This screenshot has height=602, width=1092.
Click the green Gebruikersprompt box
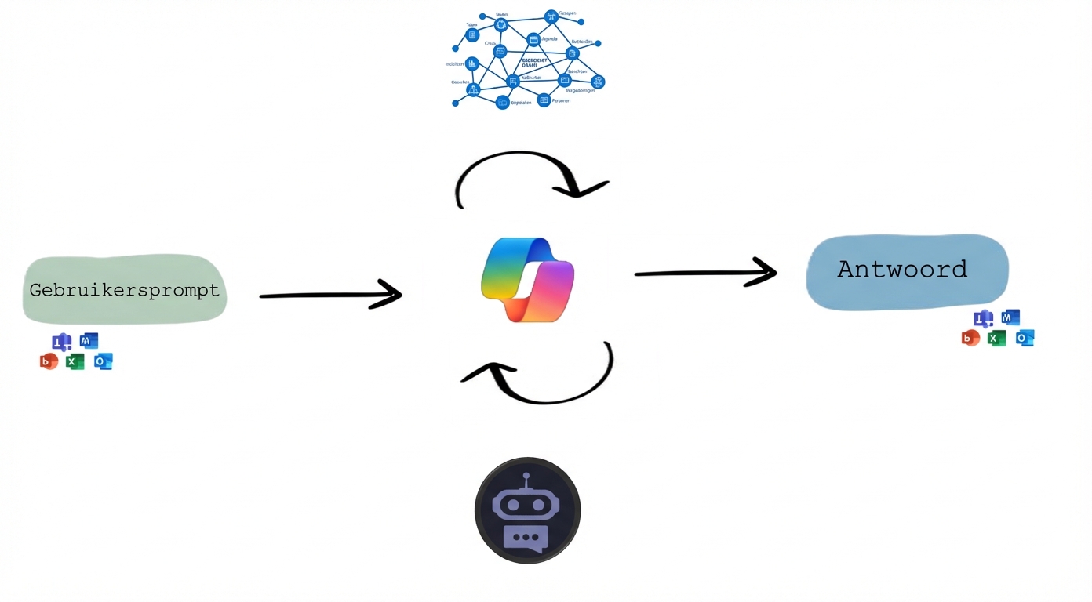pyautogui.click(x=125, y=289)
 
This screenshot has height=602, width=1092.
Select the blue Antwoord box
pyautogui.click(x=907, y=270)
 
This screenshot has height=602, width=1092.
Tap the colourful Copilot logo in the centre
pyautogui.click(x=528, y=280)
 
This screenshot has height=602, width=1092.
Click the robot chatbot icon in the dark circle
pyautogui.click(x=527, y=510)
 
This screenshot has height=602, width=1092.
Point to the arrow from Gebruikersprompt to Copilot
pyautogui.click(x=330, y=295)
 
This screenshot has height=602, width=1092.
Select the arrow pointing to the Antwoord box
pyautogui.click(x=704, y=273)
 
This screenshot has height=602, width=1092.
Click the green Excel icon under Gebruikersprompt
pyautogui.click(x=75, y=361)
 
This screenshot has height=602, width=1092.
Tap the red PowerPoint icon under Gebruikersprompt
pyautogui.click(x=49, y=361)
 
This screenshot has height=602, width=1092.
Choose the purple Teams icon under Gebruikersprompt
pyautogui.click(x=61, y=342)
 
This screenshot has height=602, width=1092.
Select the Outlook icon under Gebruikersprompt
pyautogui.click(x=103, y=361)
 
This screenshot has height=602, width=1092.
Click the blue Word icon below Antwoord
pyautogui.click(x=1010, y=317)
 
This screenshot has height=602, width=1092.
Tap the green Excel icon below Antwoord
pyautogui.click(x=996, y=338)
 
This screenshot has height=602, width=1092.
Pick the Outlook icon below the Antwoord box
pyautogui.click(x=1025, y=338)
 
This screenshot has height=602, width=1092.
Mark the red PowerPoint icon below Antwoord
pyautogui.click(x=970, y=338)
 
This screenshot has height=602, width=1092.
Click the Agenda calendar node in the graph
pyautogui.click(x=533, y=40)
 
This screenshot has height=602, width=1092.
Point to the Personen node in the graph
pyautogui.click(x=544, y=100)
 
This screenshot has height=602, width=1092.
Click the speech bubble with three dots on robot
pyautogui.click(x=526, y=538)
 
